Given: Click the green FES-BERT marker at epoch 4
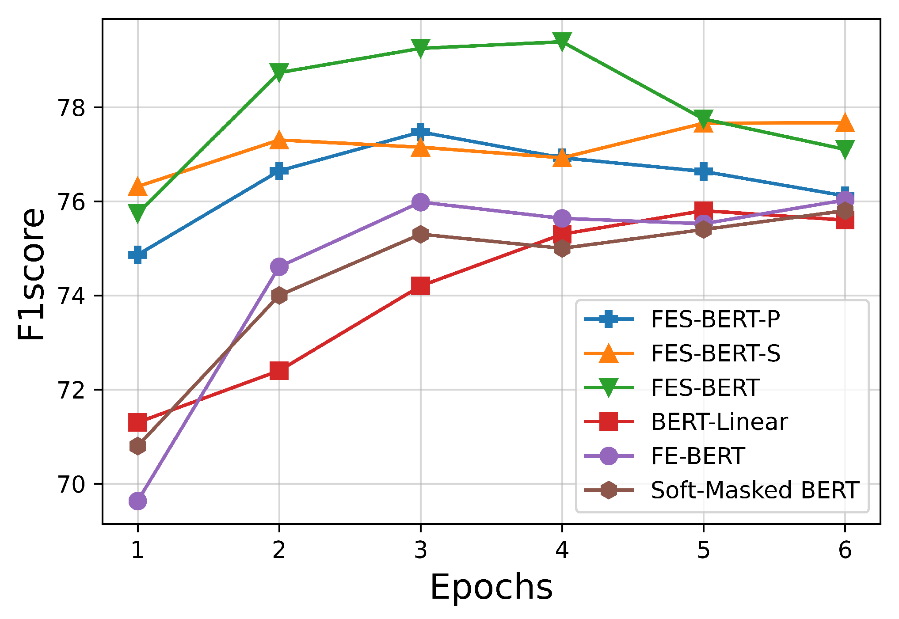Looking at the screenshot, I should coord(562,42).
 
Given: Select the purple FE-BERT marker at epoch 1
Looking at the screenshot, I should coord(137,501).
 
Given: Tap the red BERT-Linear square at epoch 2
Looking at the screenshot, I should coord(279,371).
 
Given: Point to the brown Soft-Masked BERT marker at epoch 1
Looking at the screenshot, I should coord(137,446).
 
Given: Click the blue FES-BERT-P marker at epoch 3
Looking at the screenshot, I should coord(420,131).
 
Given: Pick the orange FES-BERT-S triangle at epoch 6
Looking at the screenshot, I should coord(845,123).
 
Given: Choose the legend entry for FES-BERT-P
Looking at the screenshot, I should coord(715,319).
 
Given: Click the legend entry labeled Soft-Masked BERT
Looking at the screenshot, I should coord(754,490).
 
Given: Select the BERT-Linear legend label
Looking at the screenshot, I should coord(719,422).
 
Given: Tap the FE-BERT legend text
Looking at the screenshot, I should coord(698,456).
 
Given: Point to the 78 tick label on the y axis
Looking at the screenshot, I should coord(71,108).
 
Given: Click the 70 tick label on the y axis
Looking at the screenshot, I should coord(71,485).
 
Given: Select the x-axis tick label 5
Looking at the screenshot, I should coord(703,550).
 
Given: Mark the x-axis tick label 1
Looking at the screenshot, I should coord(137,550).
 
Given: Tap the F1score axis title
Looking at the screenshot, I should coord(31,274).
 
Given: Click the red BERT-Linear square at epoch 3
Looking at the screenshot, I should coord(420,285).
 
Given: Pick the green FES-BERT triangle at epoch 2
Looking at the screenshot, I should coord(279,72).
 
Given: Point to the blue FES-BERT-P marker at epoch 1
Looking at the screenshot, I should coord(137,254).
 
